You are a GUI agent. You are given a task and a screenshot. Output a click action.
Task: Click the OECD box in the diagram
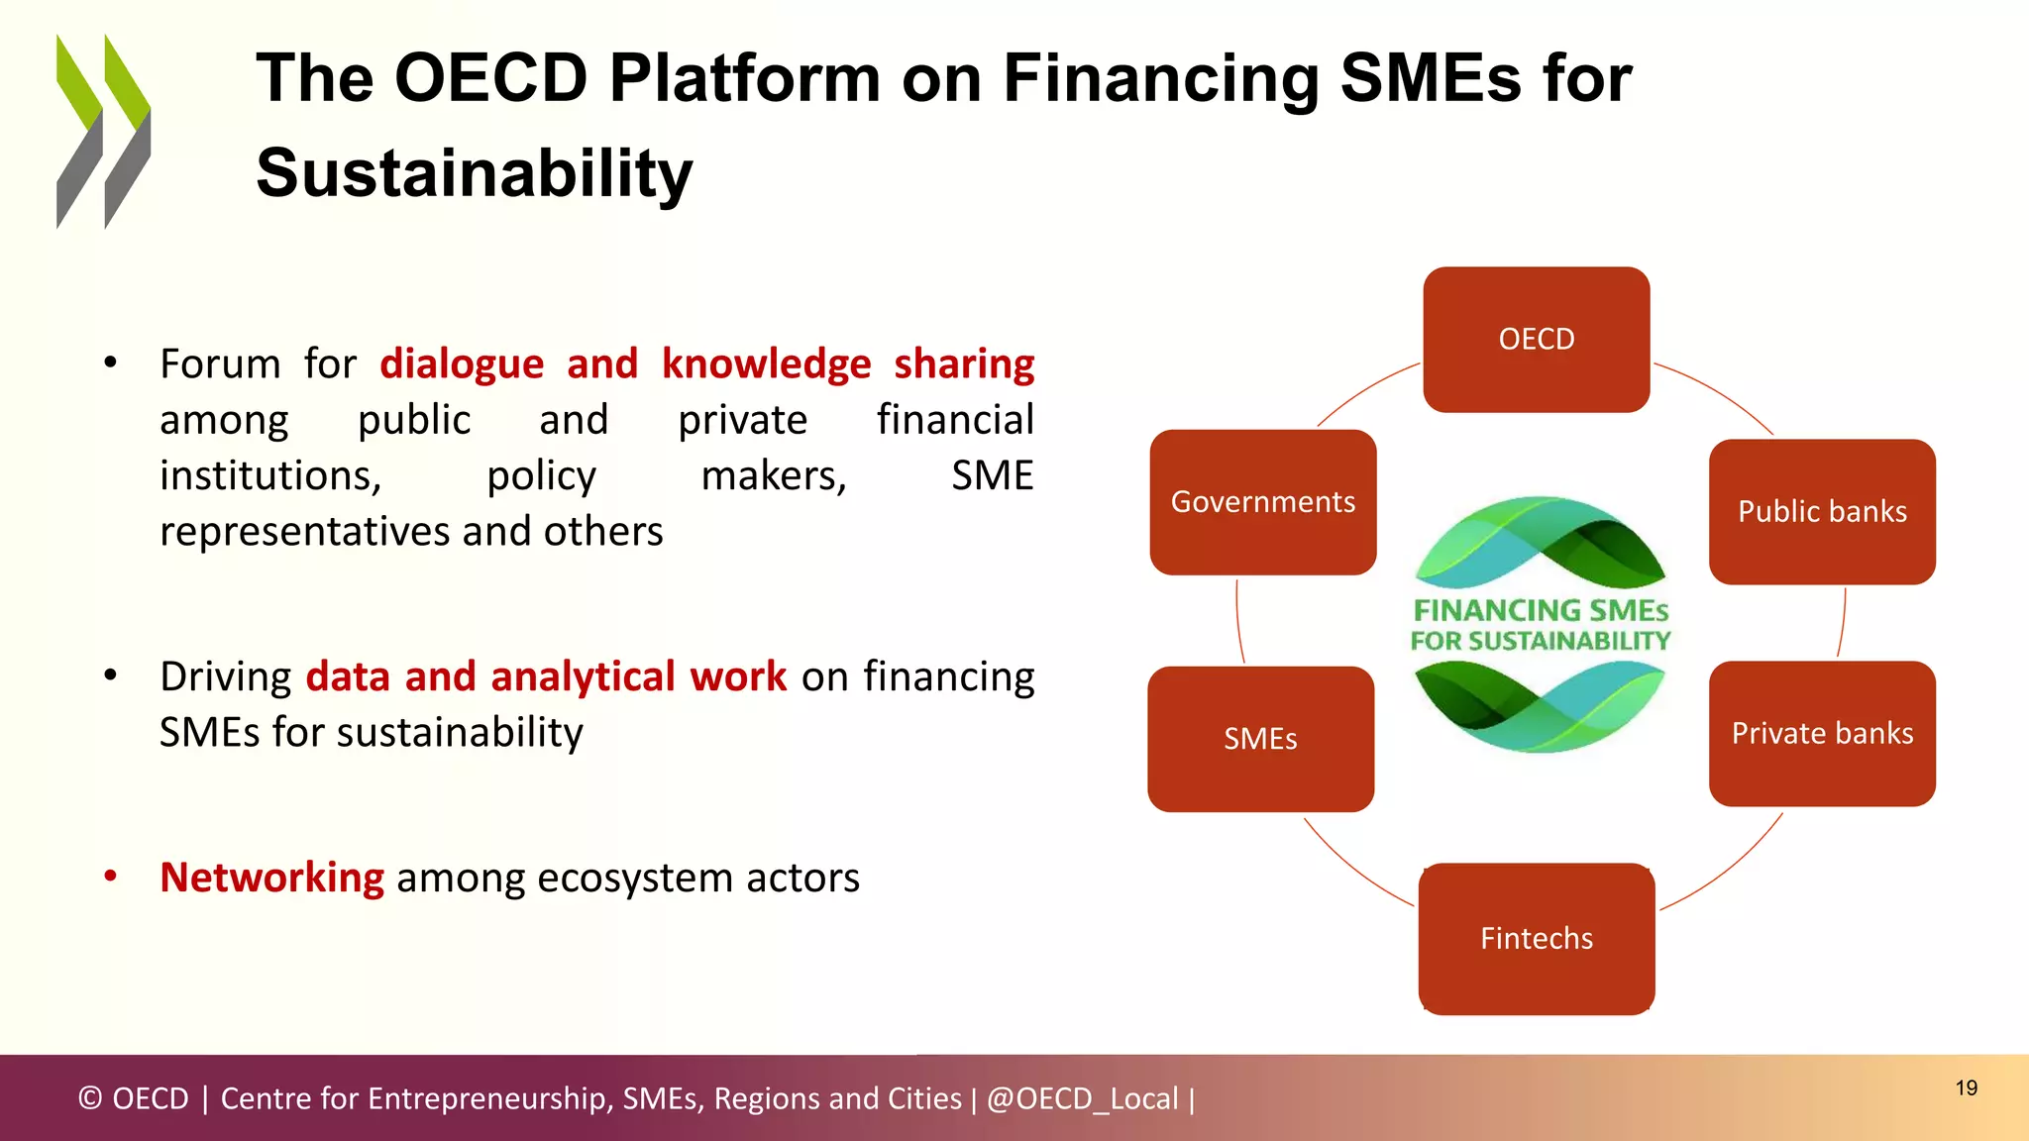coord(1536,340)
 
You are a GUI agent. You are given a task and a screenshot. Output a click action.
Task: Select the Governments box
coord(1262,502)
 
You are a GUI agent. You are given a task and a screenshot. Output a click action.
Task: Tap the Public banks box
coord(1821,512)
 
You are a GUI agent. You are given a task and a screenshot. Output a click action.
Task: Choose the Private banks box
coord(1821,734)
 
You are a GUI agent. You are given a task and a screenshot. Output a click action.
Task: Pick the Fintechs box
coord(1536,938)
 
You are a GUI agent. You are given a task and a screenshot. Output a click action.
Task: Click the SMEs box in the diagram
coord(1260,739)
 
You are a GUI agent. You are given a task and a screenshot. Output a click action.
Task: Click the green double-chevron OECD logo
coord(103,132)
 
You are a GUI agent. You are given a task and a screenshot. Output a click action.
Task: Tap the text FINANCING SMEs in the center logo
coord(1540,610)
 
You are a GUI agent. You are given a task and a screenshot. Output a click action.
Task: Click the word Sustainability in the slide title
coord(474,173)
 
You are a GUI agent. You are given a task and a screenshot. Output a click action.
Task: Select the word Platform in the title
coord(743,78)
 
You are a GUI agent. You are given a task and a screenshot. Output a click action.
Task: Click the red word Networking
coord(271,878)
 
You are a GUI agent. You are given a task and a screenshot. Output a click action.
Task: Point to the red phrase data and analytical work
coord(546,676)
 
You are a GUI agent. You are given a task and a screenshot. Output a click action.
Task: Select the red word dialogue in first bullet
coord(462,364)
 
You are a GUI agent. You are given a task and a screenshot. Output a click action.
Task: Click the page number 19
coord(1966,1089)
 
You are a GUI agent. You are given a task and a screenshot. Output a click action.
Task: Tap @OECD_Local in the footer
coord(1082,1098)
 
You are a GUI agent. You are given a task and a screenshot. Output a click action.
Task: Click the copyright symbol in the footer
coord(89,1098)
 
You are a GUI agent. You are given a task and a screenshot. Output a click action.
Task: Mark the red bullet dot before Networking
coord(111,877)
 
